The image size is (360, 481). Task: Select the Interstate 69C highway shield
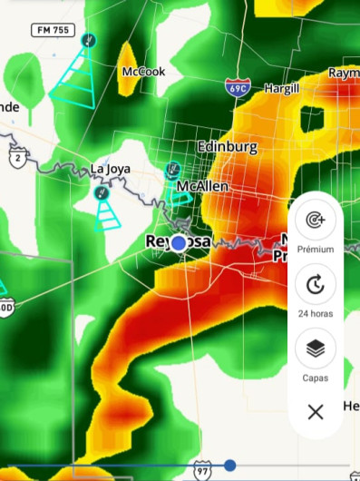click(238, 87)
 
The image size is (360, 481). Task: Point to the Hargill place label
click(281, 88)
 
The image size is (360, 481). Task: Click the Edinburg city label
click(227, 147)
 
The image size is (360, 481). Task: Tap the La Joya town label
click(112, 168)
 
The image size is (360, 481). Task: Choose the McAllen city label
click(203, 186)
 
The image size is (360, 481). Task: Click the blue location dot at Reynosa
click(180, 242)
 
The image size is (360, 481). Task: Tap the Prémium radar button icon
click(315, 221)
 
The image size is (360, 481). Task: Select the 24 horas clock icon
click(315, 285)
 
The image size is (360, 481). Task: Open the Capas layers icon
click(315, 348)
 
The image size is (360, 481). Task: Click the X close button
click(315, 412)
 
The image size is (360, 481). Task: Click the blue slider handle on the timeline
click(230, 466)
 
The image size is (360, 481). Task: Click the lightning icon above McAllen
click(172, 170)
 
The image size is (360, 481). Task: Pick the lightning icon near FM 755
click(88, 40)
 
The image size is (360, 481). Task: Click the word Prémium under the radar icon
click(315, 249)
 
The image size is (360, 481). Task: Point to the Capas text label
click(315, 378)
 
